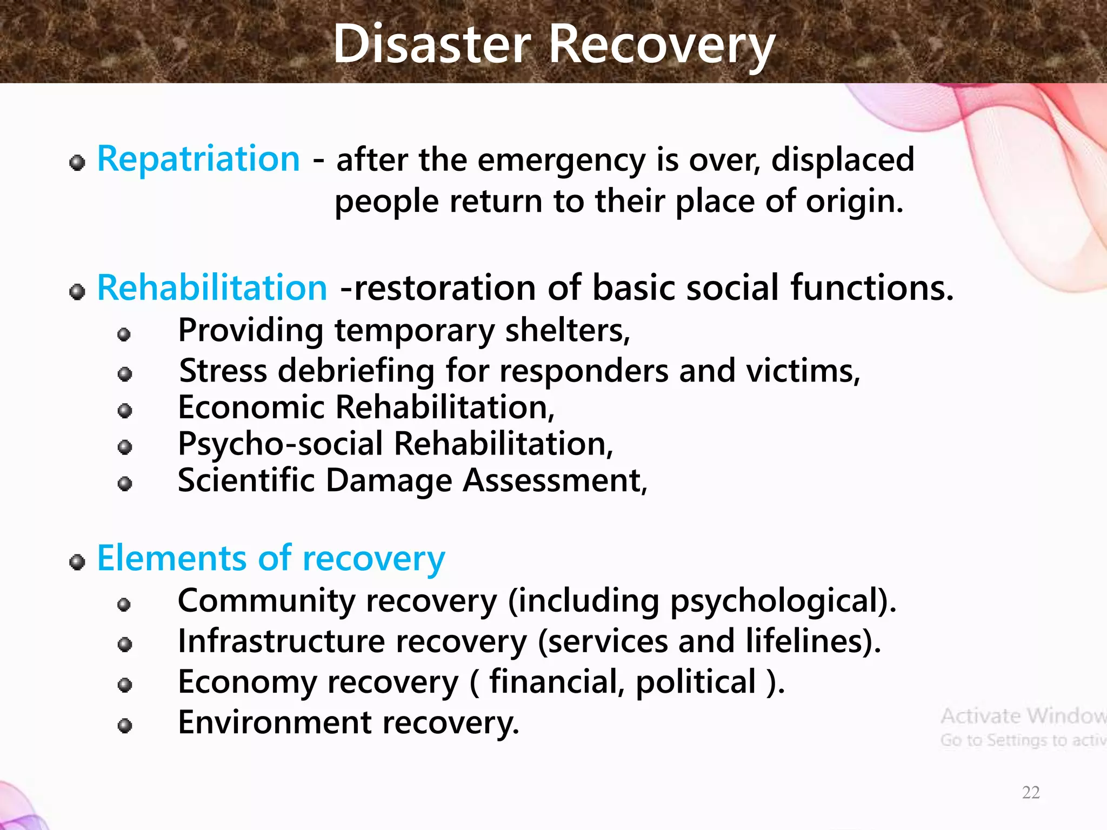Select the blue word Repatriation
click(198, 159)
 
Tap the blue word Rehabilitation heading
click(212, 287)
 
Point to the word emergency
click(562, 160)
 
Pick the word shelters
click(567, 330)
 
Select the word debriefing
click(356, 371)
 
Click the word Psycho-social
click(281, 444)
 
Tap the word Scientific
click(246, 480)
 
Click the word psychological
click(783, 601)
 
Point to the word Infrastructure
click(281, 641)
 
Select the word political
click(696, 682)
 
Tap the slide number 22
click(1031, 792)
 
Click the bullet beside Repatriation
click(77, 162)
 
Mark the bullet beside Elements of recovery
click(77, 562)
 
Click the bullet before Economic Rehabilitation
click(125, 411)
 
